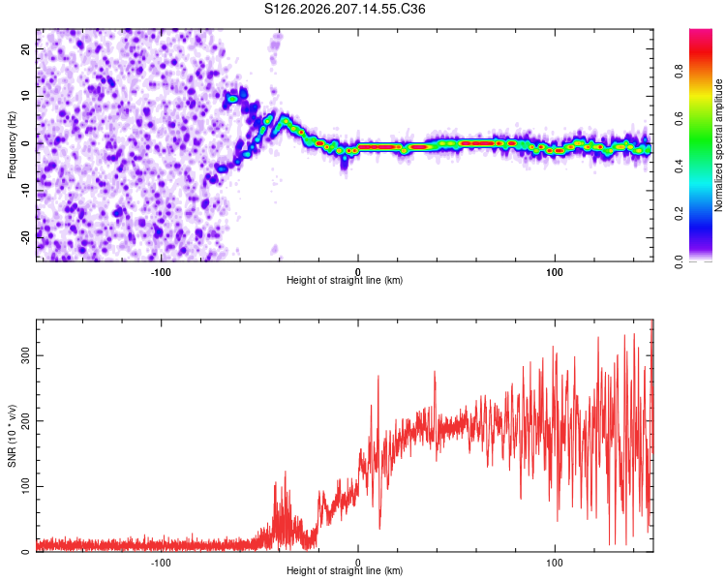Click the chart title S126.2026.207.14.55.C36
pos(345,9)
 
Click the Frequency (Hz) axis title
pos(12,145)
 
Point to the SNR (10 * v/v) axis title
pos(12,436)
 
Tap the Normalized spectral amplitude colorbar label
pos(718,145)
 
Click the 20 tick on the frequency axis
pos(25,48)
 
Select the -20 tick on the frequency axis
pos(25,237)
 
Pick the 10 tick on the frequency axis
pos(25,96)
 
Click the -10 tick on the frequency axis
pos(25,191)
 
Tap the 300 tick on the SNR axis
pos(25,355)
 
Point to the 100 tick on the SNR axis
pos(25,486)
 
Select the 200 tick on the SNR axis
pos(25,421)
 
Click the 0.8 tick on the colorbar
pos(679,72)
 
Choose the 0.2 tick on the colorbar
pos(679,214)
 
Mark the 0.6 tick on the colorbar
pos(679,119)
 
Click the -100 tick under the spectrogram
pos(161,272)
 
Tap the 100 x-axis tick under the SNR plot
pos(555,563)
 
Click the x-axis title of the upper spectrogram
pos(345,280)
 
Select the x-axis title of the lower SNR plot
pos(345,570)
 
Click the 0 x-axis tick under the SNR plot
pos(357,563)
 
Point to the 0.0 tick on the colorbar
pos(679,261)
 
